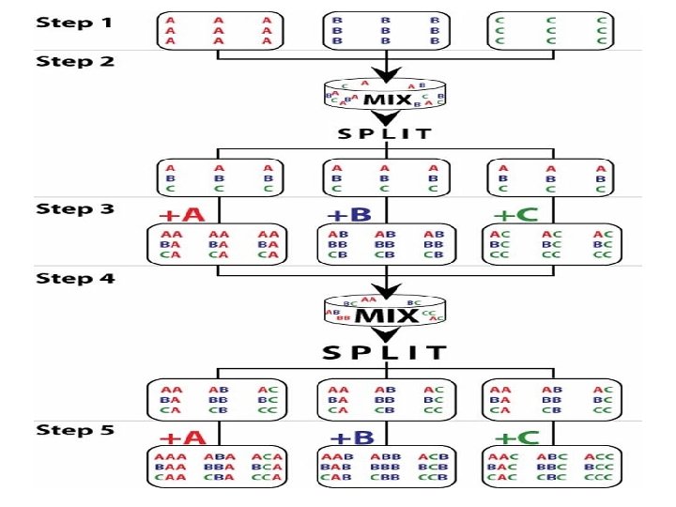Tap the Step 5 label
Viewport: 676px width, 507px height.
[75, 430]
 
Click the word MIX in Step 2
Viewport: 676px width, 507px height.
[385, 98]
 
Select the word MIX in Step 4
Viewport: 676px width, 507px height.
[385, 314]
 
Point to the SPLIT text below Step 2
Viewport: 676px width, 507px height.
[385, 133]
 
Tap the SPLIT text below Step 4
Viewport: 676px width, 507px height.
[385, 353]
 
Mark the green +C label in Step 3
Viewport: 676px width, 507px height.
[515, 214]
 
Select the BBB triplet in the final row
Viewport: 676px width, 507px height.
[385, 467]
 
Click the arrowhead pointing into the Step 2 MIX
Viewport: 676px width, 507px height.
[385, 74]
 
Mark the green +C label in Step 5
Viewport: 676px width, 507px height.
[515, 438]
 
